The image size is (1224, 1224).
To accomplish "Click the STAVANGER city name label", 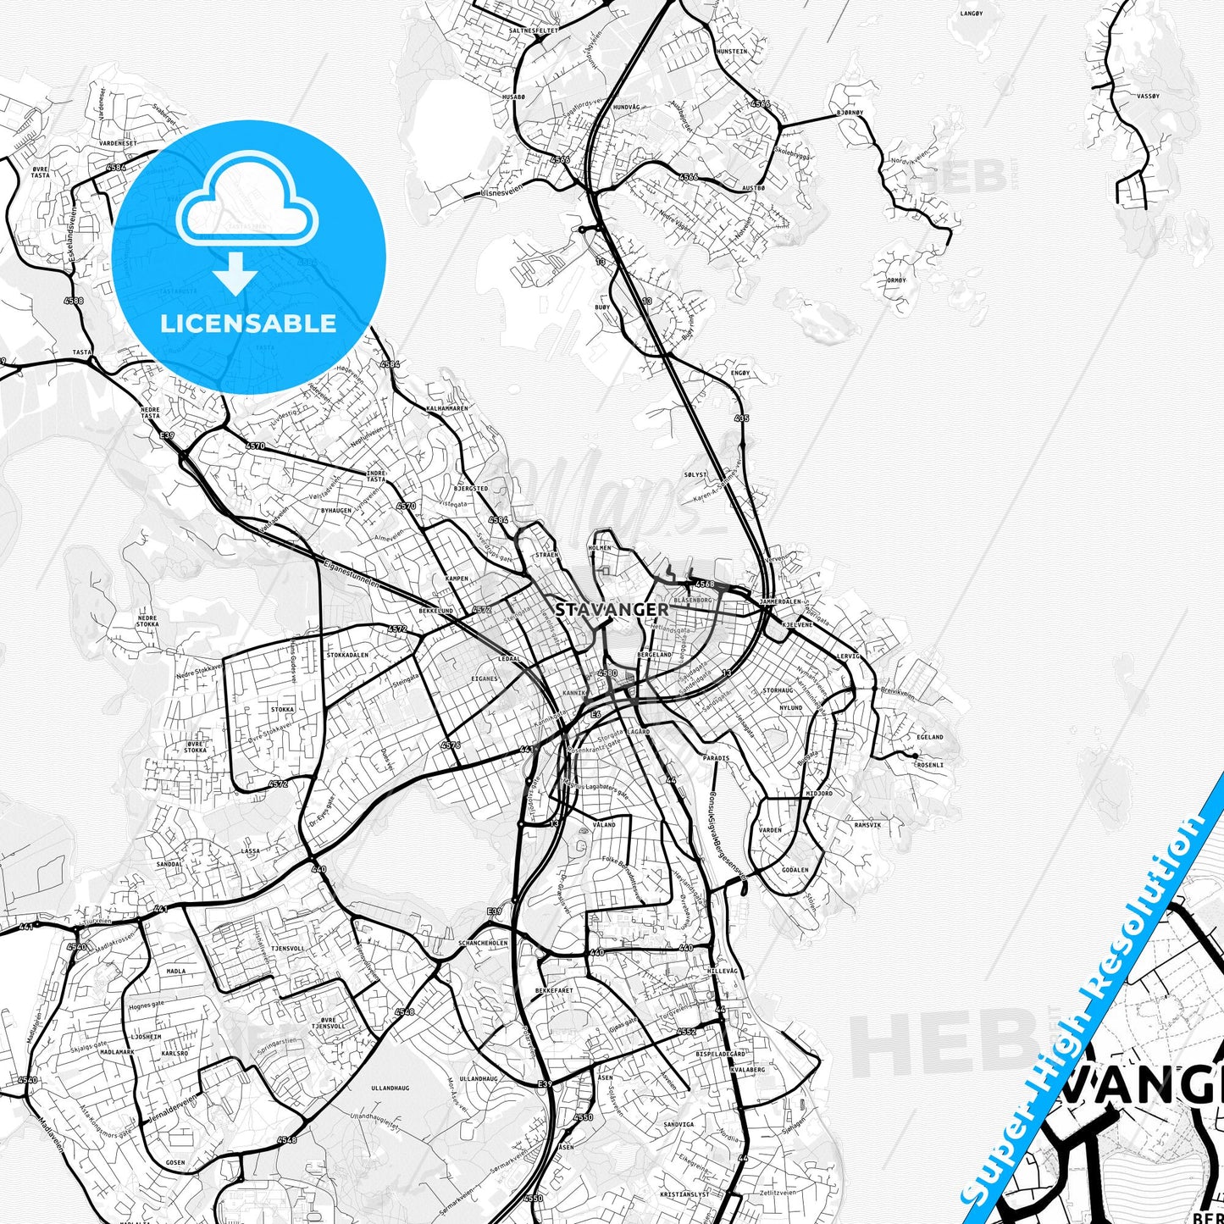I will (612, 609).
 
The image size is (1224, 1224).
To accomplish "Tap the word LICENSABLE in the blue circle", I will (248, 324).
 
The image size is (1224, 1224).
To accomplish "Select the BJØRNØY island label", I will (850, 113).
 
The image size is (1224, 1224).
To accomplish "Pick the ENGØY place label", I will (739, 373).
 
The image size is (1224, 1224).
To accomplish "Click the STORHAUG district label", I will (778, 690).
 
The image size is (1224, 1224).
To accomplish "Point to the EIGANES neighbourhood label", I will (485, 678).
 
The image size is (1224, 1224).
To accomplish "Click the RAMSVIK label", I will (867, 824).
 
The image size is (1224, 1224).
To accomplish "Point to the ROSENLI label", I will (929, 765).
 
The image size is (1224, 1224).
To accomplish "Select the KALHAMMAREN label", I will (447, 408).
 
